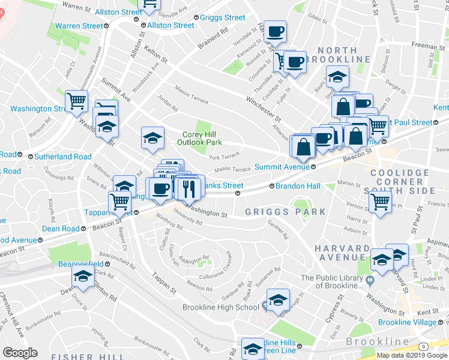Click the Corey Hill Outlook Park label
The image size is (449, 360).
199,139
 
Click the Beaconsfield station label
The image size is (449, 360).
80,263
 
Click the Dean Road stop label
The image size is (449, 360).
60,229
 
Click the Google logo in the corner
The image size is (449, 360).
20,353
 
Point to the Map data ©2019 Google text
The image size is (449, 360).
412,355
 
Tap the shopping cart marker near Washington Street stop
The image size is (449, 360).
77,101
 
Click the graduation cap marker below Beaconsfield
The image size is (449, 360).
82,276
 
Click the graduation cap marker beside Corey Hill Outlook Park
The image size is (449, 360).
152,137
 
